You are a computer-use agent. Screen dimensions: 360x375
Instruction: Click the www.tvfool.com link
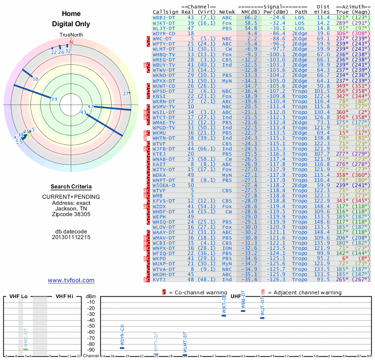coord(71,280)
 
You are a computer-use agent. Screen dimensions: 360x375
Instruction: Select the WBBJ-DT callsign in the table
coord(164,17)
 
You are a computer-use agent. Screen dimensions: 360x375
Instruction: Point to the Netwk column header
coord(227,11)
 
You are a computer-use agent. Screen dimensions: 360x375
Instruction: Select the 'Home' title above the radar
coord(71,14)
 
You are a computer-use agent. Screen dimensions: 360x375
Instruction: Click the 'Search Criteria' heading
coord(71,187)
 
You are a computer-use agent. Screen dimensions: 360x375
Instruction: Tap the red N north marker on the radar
coord(71,42)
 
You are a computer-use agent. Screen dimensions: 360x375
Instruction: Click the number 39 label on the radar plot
coord(54,99)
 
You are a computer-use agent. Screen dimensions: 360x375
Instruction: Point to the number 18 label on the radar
coord(35,79)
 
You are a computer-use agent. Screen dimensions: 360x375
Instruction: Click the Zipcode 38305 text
coord(71,214)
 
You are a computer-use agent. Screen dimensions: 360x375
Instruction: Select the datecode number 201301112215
coord(71,237)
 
